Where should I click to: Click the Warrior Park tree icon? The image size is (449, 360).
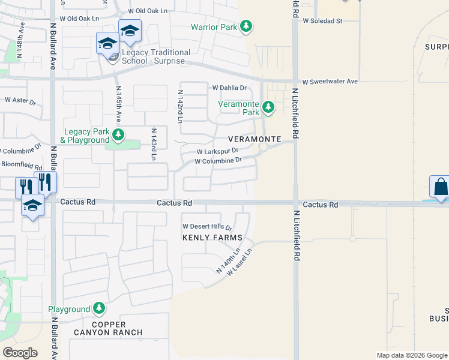(x=246, y=27)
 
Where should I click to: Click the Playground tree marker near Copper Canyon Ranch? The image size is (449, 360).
(x=98, y=309)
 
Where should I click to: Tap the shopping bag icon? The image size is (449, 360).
(x=440, y=187)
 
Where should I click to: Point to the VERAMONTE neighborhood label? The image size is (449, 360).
(x=255, y=139)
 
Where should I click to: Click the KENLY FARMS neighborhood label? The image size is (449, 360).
(x=207, y=238)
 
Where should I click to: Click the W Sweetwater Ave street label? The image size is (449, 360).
(x=330, y=82)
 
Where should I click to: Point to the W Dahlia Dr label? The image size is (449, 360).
(x=230, y=88)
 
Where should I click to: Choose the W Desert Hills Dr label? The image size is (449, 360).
(x=207, y=227)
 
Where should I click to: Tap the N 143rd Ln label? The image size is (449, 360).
(x=154, y=144)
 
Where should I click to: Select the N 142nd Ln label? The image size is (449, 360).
(x=180, y=107)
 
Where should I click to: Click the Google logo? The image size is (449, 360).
(x=20, y=353)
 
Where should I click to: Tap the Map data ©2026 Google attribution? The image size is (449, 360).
(x=411, y=355)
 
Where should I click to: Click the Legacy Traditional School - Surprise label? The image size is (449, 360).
(x=156, y=57)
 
